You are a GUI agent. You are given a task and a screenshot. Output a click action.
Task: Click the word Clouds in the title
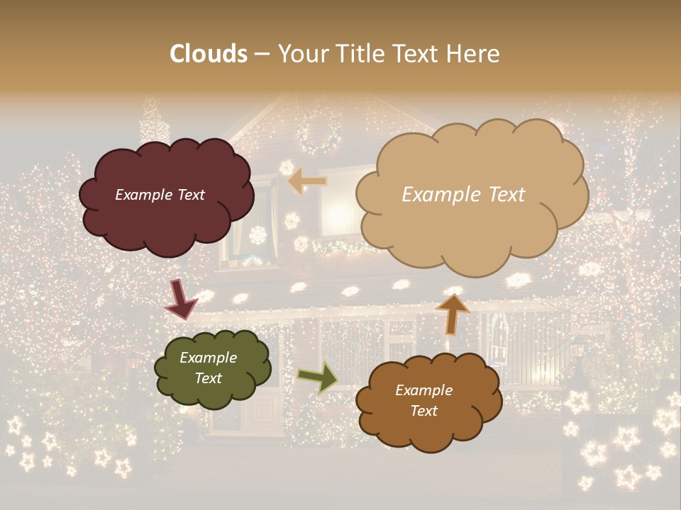(209, 54)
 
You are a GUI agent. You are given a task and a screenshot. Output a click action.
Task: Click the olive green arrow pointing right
(317, 377)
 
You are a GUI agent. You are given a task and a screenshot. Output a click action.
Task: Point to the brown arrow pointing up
(452, 313)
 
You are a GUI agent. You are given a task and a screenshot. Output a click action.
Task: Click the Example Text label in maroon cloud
(160, 195)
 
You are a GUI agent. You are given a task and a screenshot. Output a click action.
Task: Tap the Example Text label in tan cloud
(463, 195)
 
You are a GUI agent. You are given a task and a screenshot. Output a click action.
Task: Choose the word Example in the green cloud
(208, 358)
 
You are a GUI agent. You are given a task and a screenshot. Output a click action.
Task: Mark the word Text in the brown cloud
(423, 411)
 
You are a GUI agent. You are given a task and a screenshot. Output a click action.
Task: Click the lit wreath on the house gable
(319, 133)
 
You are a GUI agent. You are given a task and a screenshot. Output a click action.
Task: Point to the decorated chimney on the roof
(153, 124)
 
